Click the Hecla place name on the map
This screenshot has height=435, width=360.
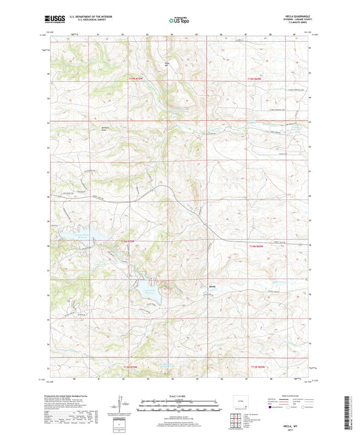[x=211, y=286]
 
